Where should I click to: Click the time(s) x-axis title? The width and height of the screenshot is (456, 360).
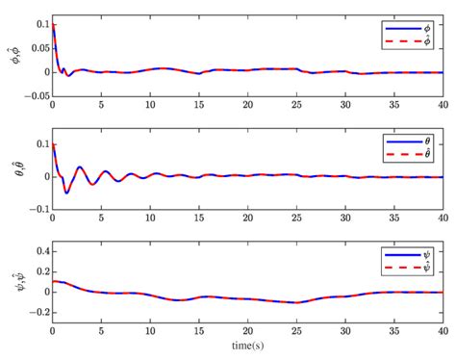[248, 344]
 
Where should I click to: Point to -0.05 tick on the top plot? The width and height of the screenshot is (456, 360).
[35, 95]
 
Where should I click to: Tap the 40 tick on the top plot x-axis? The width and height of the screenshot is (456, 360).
[443, 105]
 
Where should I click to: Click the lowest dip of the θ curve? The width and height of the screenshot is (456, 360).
[66, 193]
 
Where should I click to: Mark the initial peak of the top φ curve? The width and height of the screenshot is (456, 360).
[53, 24]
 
